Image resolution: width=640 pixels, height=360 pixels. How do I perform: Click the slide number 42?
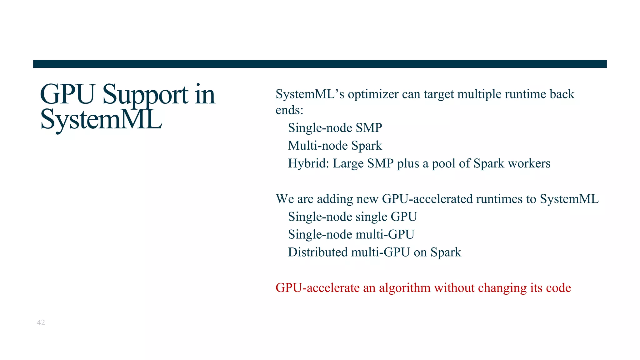click(41, 322)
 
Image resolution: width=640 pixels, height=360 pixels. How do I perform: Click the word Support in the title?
click(145, 95)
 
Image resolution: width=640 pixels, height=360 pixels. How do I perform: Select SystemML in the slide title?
click(101, 120)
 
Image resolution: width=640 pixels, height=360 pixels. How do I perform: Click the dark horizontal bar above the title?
click(320, 64)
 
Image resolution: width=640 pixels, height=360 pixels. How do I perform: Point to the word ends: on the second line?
click(289, 110)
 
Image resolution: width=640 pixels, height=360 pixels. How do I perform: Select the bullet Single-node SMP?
click(335, 128)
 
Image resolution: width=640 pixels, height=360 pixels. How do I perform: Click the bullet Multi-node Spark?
click(335, 146)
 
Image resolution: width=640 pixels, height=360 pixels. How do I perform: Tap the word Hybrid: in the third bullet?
click(308, 163)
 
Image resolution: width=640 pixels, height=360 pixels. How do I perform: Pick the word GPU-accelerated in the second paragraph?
click(427, 199)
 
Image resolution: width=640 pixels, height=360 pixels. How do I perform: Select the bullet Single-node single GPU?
click(352, 217)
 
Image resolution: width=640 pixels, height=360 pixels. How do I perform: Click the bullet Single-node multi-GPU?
click(351, 235)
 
